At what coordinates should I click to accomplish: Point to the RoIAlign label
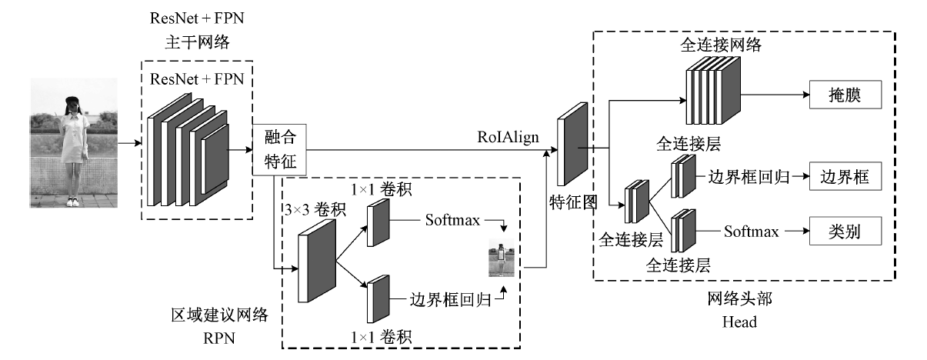click(507, 137)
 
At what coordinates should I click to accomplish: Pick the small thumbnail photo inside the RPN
click(502, 260)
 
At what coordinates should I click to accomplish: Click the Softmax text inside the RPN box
click(452, 221)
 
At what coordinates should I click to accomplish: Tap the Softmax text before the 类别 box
click(752, 231)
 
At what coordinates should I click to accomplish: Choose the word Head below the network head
click(739, 323)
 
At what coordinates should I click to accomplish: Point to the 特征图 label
click(574, 202)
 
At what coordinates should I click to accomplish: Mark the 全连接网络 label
click(721, 45)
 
